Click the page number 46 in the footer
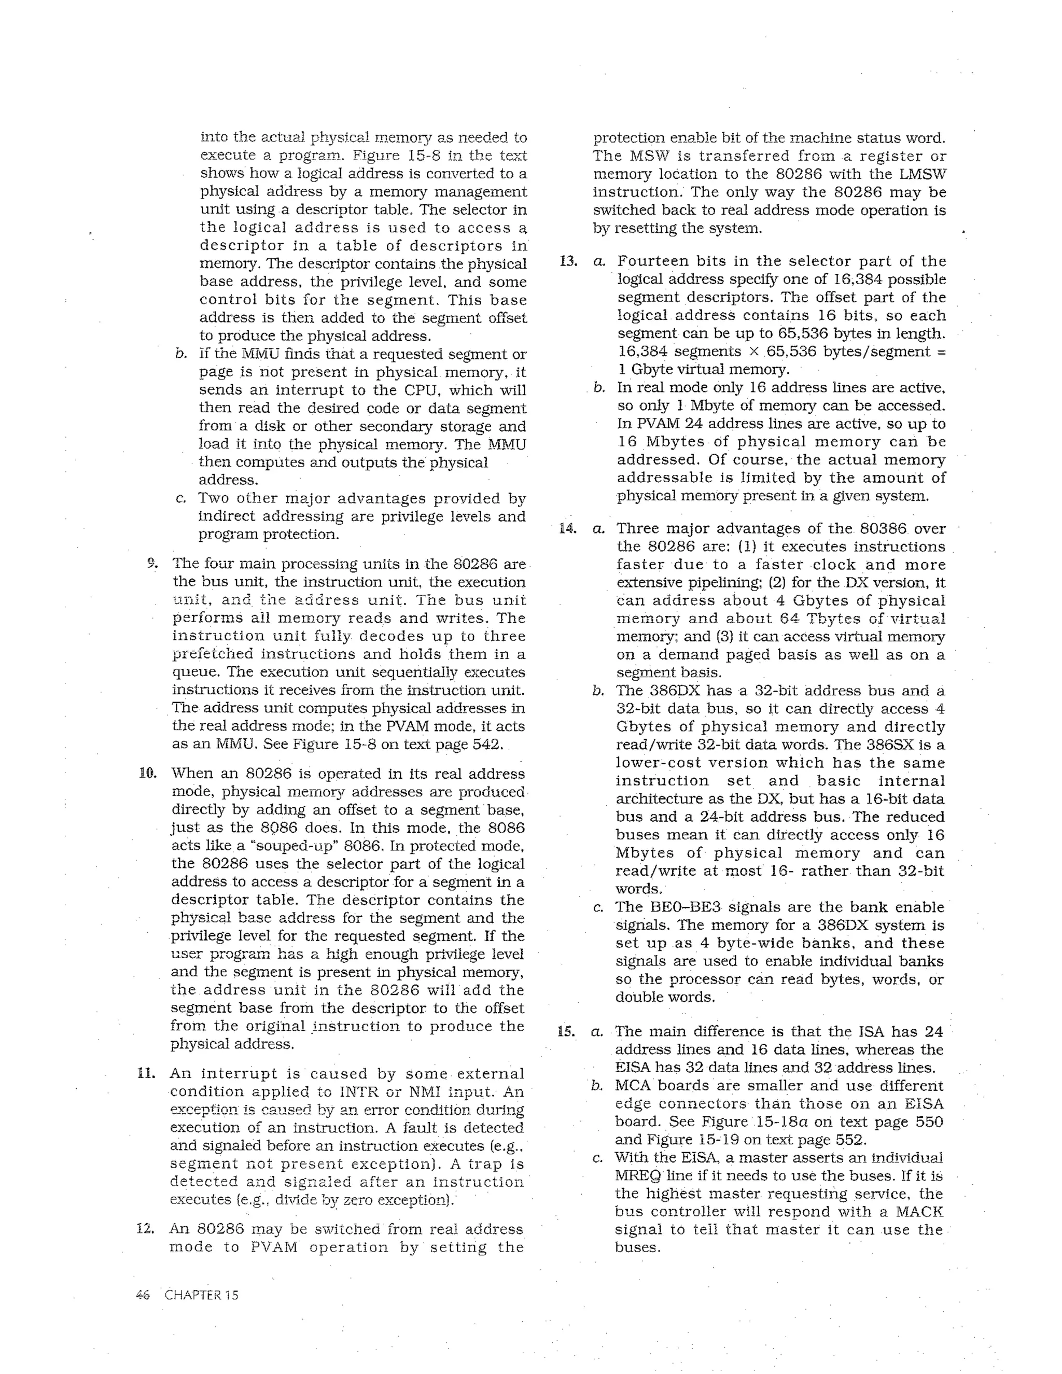click(142, 1295)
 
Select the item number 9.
click(151, 563)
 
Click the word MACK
click(919, 1212)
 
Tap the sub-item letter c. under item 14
click(598, 908)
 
